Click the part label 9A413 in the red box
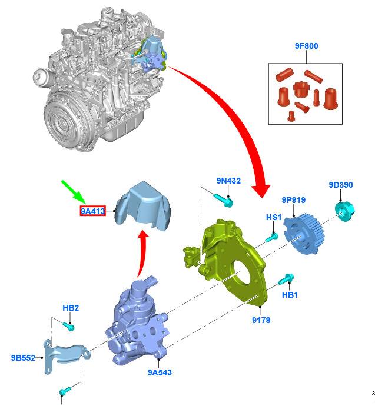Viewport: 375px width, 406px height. tap(92, 211)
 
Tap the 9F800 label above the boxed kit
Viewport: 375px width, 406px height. tap(306, 46)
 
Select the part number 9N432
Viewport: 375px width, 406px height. tap(228, 181)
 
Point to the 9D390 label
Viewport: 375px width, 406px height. tap(341, 185)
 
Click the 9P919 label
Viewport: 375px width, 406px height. tap(294, 200)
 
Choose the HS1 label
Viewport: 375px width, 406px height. tap(274, 217)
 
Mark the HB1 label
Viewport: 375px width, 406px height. tap(290, 295)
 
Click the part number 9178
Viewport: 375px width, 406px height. tap(261, 320)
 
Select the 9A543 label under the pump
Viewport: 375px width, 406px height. tap(160, 372)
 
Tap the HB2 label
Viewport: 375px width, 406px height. tap(71, 308)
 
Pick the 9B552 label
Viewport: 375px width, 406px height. tap(23, 358)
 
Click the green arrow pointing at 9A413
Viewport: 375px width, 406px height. tap(74, 192)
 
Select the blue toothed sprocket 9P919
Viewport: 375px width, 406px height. tap(303, 234)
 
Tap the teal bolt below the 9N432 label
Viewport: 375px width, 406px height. tap(224, 201)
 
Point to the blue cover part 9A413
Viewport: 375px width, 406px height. tap(143, 206)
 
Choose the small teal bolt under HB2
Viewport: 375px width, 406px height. tap(69, 326)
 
